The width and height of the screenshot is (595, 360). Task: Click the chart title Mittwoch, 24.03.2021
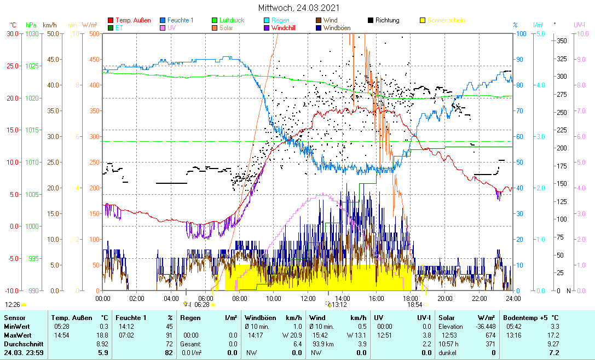coord(299,8)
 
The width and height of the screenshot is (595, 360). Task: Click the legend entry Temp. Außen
coord(133,20)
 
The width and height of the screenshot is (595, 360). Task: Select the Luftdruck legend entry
coord(232,20)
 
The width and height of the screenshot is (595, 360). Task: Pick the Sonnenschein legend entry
coord(446,20)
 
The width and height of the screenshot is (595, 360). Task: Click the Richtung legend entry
coord(387,20)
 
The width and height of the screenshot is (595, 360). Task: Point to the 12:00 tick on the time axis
coord(308,298)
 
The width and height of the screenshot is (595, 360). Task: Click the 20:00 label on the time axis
coord(444,298)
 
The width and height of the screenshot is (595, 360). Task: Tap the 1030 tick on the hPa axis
coord(32,33)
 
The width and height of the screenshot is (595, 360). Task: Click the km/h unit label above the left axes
coord(50,25)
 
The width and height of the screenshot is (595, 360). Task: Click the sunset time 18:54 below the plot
coord(415,304)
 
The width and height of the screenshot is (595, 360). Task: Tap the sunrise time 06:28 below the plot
coord(202,304)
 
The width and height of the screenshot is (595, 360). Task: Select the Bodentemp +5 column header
coord(531,317)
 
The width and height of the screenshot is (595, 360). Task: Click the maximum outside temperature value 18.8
coord(101,335)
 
